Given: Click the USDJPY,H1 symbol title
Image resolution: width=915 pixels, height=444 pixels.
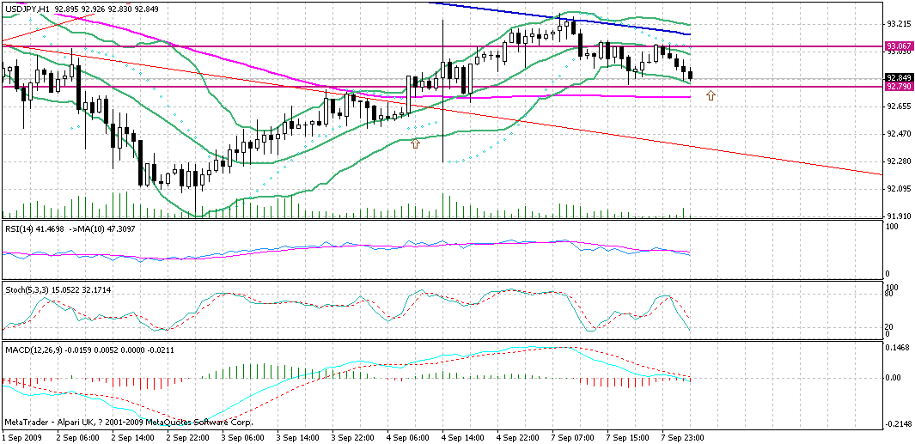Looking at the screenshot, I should [27, 9].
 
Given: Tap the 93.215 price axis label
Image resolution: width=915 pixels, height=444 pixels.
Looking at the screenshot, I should [899, 23].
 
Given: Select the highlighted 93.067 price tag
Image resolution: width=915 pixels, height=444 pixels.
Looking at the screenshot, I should [899, 46].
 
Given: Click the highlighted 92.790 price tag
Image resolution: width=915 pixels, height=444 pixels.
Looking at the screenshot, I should [899, 87].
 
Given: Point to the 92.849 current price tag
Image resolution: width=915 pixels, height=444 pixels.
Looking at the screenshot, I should [899, 77].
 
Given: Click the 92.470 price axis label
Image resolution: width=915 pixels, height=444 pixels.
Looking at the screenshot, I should [899, 133].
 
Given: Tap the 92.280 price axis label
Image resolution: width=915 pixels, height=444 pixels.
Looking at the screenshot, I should [899, 161].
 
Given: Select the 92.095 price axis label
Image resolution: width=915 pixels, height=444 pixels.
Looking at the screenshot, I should [899, 188].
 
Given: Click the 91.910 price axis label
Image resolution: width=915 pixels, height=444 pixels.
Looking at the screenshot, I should [899, 216].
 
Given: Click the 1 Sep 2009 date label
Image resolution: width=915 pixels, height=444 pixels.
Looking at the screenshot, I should [23, 437].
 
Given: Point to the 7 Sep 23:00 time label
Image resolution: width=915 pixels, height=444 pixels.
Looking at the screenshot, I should [684, 437].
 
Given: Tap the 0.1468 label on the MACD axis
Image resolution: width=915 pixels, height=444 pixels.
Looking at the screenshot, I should [899, 349].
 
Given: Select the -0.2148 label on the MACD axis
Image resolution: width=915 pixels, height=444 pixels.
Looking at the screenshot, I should [899, 424].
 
